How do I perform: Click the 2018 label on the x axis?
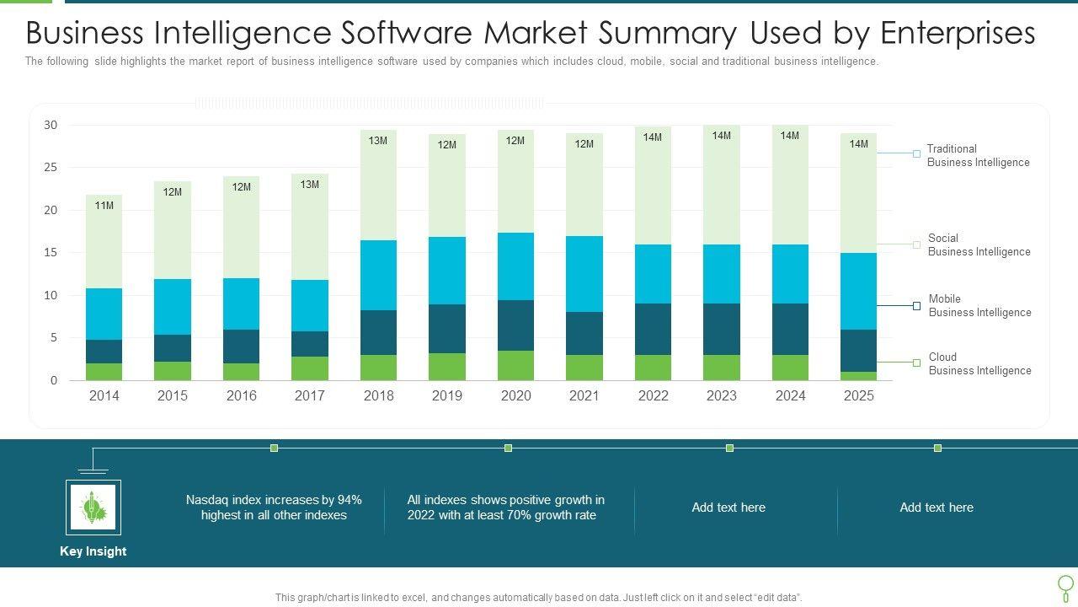pos(378,395)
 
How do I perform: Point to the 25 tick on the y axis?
pos(51,168)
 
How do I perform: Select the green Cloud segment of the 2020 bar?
pos(515,365)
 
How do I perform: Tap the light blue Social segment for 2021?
pos(584,274)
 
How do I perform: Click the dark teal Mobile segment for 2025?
pos(858,351)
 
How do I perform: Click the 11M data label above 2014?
pos(104,206)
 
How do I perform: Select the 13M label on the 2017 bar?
pos(310,185)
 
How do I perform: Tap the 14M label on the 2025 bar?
pos(858,144)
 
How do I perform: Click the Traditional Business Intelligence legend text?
pos(978,156)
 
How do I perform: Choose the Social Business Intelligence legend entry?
pos(979,245)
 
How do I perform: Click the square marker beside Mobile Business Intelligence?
pos(916,306)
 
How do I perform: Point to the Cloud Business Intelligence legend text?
pos(979,364)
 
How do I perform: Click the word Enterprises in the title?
pos(958,33)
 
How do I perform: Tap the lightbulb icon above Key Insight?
pos(93,508)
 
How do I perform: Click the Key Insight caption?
pos(93,551)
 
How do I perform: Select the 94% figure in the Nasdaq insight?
pos(350,500)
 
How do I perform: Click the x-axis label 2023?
pos(722,395)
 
